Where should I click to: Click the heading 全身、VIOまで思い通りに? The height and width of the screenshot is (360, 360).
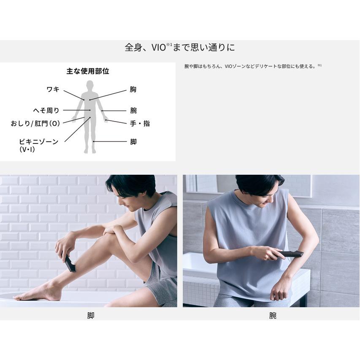pos(180,48)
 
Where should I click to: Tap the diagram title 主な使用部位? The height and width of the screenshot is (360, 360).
pos(88,71)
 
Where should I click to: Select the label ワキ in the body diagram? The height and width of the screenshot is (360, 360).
pos(53,89)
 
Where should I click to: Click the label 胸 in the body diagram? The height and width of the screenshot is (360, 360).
pos(133,89)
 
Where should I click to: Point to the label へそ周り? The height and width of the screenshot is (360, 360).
pos(46,111)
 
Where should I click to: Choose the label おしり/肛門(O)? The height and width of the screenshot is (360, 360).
pos(35,124)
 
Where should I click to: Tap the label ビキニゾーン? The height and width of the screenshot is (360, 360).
pos(38,142)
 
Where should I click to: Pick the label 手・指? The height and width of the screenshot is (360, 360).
pos(140,124)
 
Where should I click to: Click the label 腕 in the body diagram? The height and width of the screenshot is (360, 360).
pos(133,111)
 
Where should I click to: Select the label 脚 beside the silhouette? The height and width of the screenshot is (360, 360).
pos(133,142)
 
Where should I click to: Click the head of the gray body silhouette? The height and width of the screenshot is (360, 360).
pos(90,84)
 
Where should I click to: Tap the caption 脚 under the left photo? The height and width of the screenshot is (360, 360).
pos(91,316)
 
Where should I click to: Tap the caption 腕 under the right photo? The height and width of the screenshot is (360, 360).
pos(273,316)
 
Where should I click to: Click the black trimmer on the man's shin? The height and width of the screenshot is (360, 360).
pos(69,264)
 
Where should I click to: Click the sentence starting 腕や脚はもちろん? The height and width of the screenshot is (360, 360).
pos(253,66)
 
